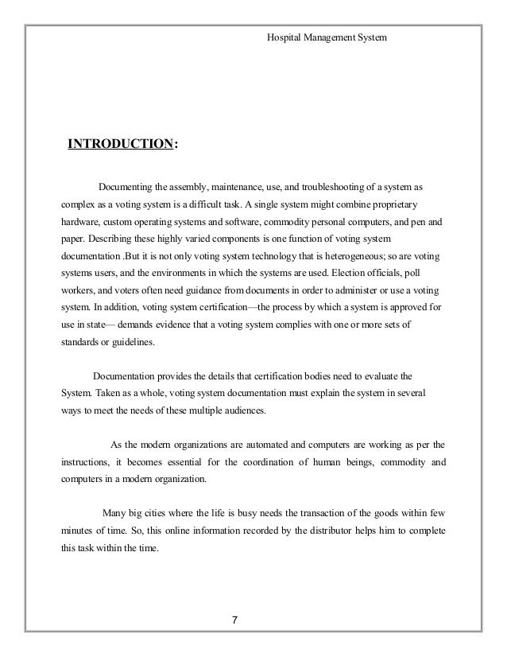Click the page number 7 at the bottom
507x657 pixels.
(234, 620)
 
